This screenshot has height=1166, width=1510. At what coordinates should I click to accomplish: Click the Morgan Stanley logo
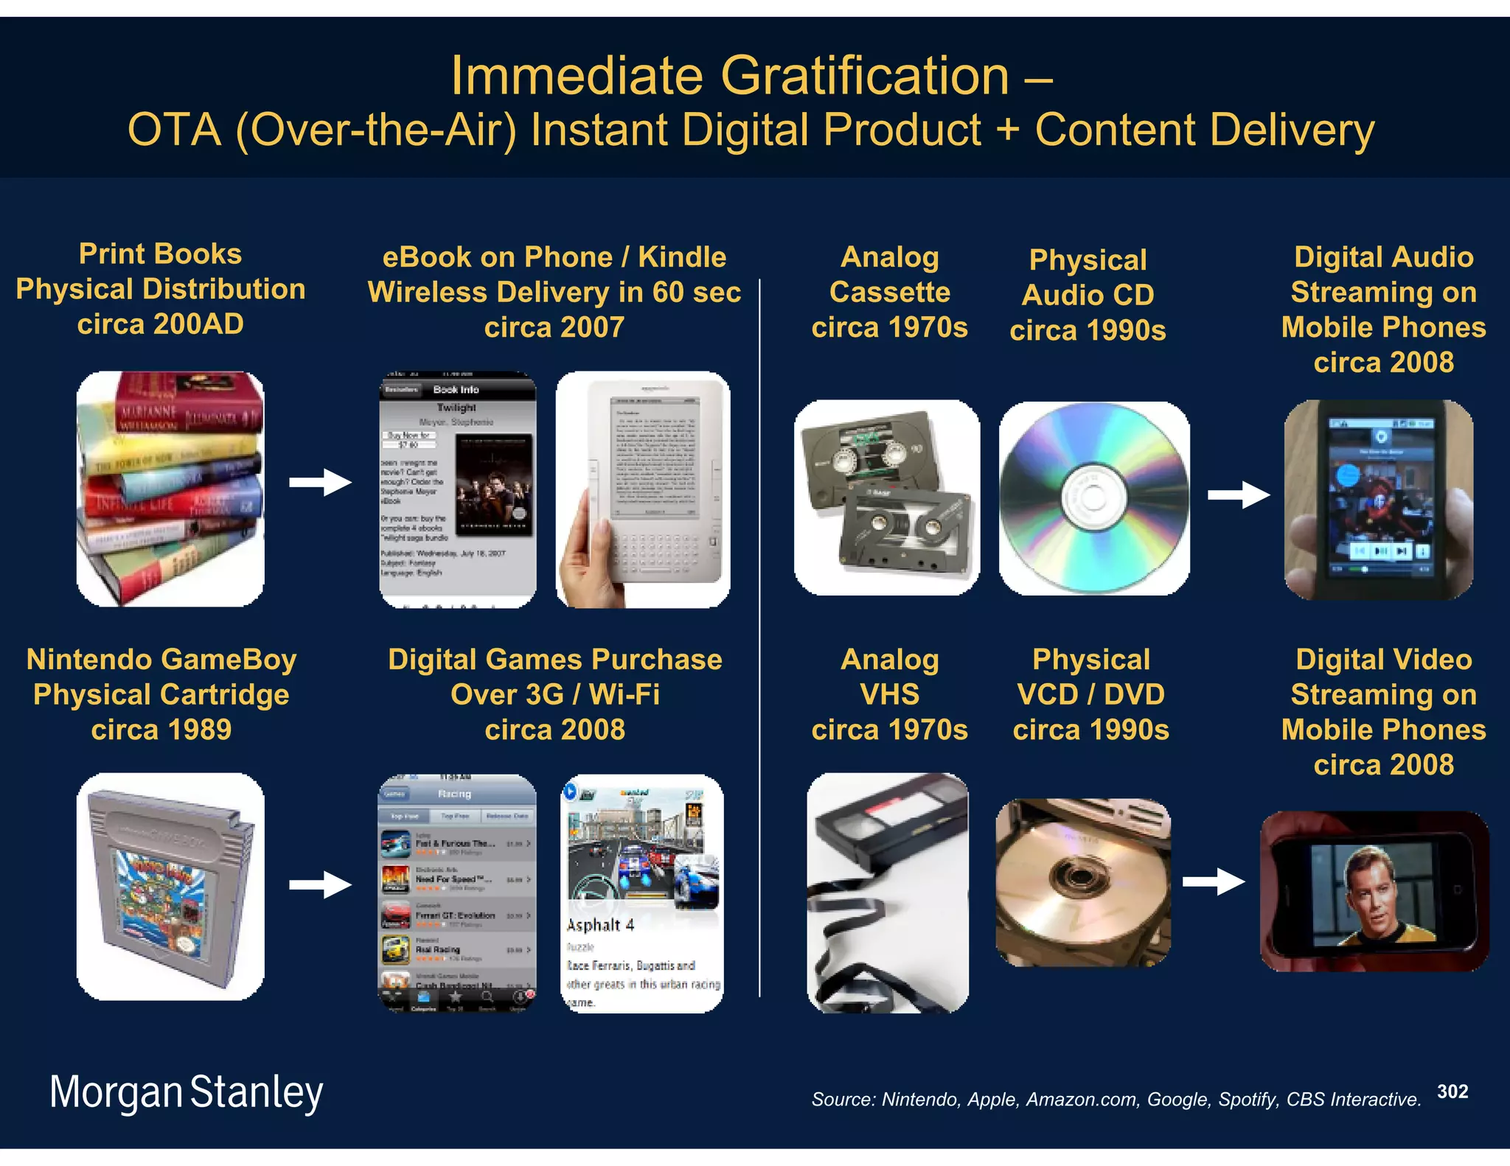pyautogui.click(x=186, y=1092)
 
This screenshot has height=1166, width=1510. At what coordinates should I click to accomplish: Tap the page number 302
pyautogui.click(x=1452, y=1092)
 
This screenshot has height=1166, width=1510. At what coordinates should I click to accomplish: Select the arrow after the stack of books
pyautogui.click(x=320, y=483)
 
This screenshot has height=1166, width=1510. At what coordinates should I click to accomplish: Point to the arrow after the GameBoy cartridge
pyautogui.click(x=320, y=884)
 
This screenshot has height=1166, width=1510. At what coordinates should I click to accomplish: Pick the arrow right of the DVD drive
pyautogui.click(x=1214, y=882)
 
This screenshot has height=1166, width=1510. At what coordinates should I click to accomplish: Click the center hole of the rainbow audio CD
pyautogui.click(x=1093, y=499)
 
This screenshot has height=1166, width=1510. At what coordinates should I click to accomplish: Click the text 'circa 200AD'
pyautogui.click(x=161, y=324)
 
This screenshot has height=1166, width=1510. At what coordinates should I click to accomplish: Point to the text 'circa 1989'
pyautogui.click(x=161, y=730)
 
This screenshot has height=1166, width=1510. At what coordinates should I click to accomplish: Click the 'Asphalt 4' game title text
pyautogui.click(x=600, y=925)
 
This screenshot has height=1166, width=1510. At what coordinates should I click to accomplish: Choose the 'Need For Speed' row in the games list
pyautogui.click(x=457, y=880)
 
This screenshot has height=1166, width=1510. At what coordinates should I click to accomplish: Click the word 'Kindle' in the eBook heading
pyautogui.click(x=682, y=257)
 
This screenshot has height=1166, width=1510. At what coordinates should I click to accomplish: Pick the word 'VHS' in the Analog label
pyautogui.click(x=890, y=694)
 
